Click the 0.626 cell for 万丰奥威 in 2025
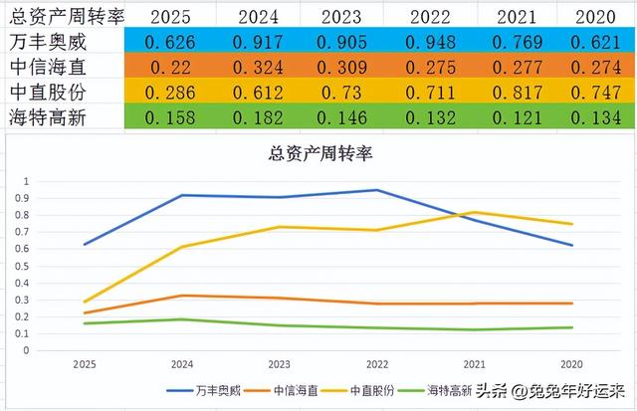[172, 43]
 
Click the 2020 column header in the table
[597, 17]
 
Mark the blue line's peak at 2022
[377, 190]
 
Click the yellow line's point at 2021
[475, 212]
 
